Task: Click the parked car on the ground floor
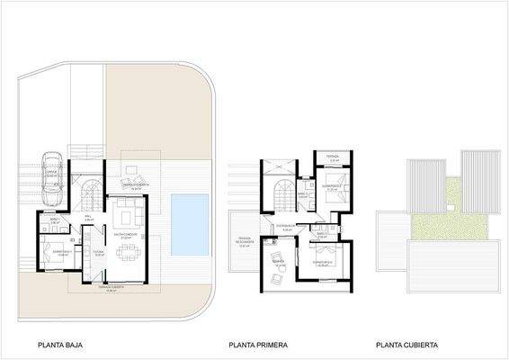(x=53, y=179)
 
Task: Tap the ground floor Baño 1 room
(x=54, y=220)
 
